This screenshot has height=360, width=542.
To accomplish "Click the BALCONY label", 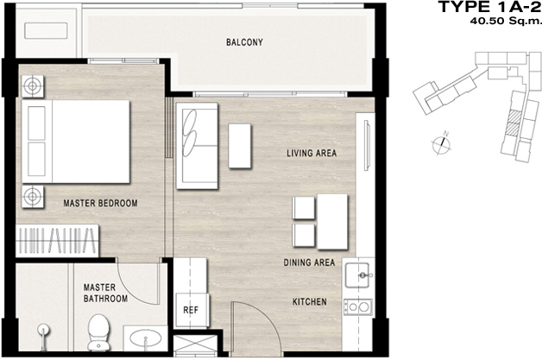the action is point(244,42).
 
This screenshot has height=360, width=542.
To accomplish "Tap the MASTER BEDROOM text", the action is point(100,203).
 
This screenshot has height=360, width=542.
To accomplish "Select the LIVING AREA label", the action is point(312,153).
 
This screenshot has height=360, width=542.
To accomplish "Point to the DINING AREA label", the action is point(309,262).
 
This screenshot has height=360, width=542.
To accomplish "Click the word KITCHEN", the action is point(309,302).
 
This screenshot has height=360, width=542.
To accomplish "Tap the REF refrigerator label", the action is point(191,310).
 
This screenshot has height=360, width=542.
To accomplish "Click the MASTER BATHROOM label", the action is point(105,293).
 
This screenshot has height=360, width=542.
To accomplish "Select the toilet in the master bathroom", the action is point(99,332).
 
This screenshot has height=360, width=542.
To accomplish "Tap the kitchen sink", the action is point(358,275).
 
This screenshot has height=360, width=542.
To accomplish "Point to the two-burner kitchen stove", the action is point(358,307).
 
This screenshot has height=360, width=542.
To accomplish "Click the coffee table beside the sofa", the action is point(240,146).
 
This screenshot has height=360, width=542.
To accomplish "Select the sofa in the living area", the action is point(197,146).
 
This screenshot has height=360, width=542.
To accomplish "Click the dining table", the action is point(332,222).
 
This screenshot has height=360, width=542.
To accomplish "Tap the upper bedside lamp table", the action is point(33,86).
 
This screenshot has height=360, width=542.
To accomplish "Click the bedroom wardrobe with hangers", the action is point(57,240).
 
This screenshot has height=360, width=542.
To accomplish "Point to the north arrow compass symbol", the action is point(442,142).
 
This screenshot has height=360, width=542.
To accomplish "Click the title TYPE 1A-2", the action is point(489,7).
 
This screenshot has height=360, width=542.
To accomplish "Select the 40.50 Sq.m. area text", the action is point(506,21).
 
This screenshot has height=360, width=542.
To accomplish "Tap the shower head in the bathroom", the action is point(43,337).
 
